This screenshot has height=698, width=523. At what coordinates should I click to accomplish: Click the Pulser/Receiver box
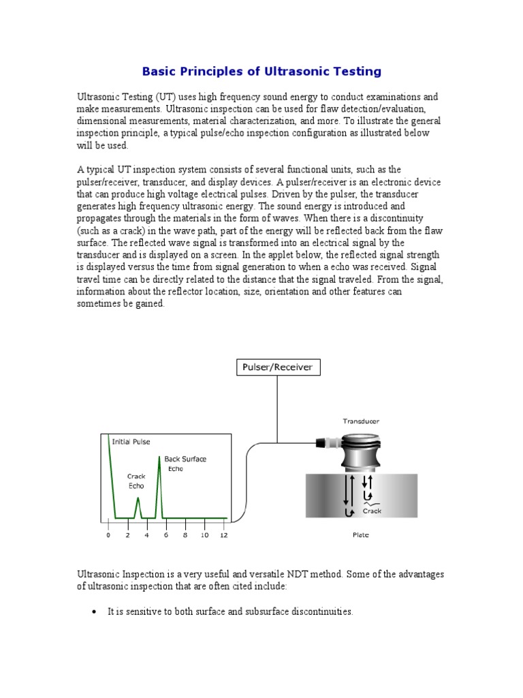click(x=277, y=367)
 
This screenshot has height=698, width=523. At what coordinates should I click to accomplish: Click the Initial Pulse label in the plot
click(x=131, y=442)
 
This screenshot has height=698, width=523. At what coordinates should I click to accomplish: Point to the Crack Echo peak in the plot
click(x=138, y=500)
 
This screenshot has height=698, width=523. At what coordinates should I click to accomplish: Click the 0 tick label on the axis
click(x=108, y=536)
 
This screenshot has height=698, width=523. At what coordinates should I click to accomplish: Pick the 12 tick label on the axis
click(x=225, y=536)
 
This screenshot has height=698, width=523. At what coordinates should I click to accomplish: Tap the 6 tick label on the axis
click(x=165, y=536)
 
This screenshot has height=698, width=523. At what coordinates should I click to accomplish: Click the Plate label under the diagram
click(x=360, y=536)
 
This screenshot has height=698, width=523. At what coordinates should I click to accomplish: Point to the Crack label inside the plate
click(x=372, y=511)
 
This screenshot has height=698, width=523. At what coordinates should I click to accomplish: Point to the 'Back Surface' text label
click(x=185, y=459)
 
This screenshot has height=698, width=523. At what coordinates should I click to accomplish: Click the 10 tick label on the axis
click(x=204, y=536)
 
